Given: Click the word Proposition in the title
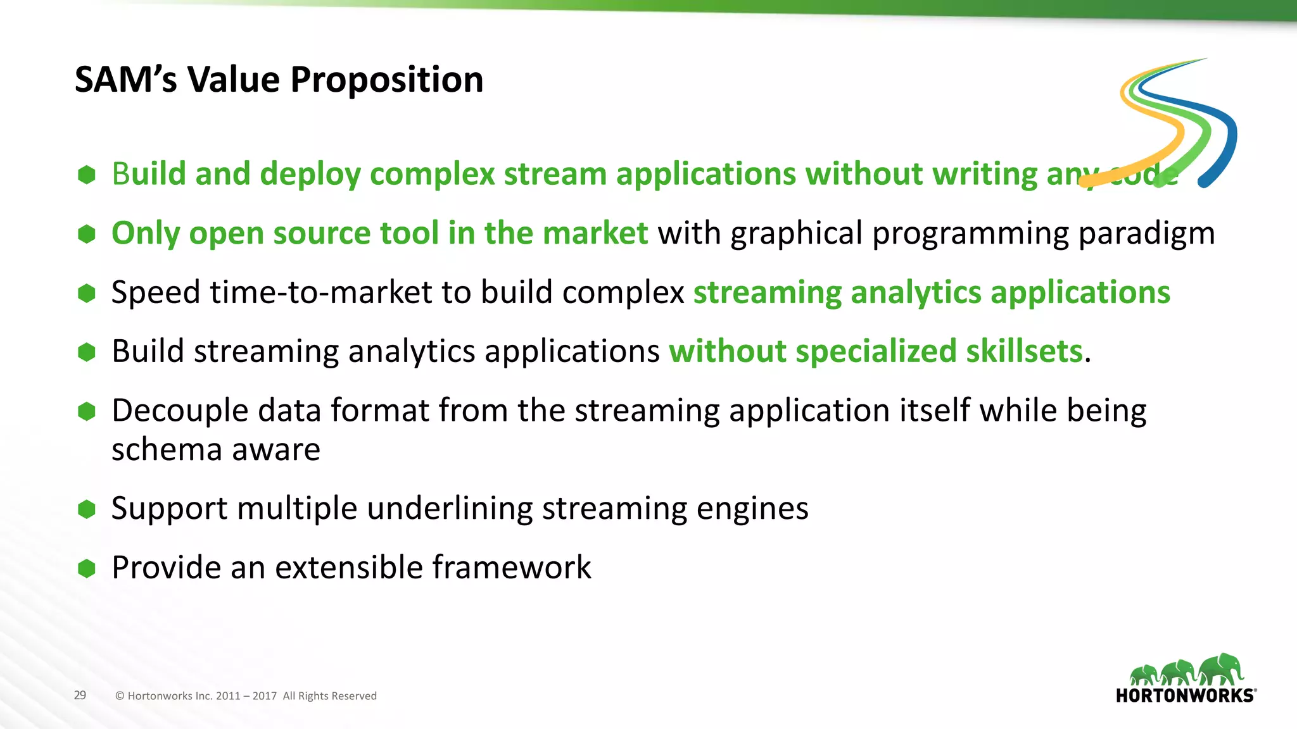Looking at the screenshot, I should point(386,81).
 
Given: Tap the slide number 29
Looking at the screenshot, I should point(80,695).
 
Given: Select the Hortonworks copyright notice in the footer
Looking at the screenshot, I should point(246,696).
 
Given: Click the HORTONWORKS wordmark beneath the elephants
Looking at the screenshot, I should point(1185,696).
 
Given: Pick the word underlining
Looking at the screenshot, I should point(450,509).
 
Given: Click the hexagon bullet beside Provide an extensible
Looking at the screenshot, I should point(87,568).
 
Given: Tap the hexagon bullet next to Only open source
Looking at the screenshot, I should point(87,234).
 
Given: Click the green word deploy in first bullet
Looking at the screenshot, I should point(310,175).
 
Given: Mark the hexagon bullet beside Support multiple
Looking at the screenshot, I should point(87,509).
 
